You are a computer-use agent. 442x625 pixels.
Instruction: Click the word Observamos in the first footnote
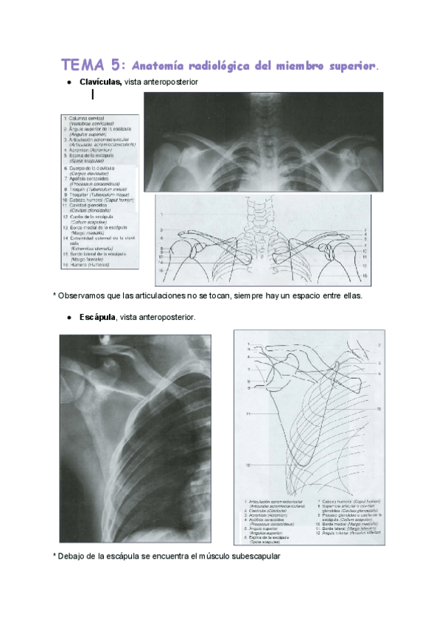click(84, 295)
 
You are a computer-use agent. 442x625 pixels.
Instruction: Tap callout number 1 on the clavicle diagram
click(159, 214)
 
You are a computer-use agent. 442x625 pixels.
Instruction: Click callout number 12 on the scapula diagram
click(248, 466)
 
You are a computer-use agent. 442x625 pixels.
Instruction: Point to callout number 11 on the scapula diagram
click(248, 414)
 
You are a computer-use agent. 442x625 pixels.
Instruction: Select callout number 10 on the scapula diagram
click(379, 408)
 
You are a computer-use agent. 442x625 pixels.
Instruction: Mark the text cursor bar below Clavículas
click(92, 94)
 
